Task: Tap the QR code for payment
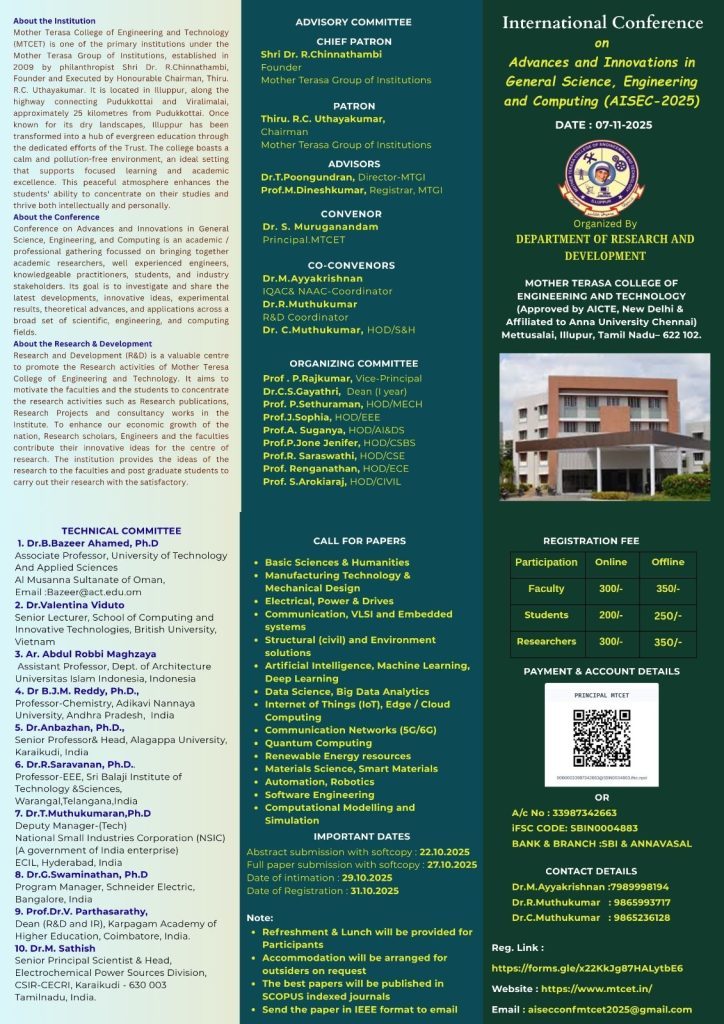coord(601,739)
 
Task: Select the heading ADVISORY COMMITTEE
coord(353,22)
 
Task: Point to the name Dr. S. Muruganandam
coord(320,227)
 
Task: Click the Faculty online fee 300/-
coord(610,589)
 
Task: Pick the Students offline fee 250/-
coord(667,615)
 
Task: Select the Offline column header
coord(667,562)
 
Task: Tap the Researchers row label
coord(546,641)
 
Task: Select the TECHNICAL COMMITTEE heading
coord(121,531)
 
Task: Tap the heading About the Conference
coord(56,217)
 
